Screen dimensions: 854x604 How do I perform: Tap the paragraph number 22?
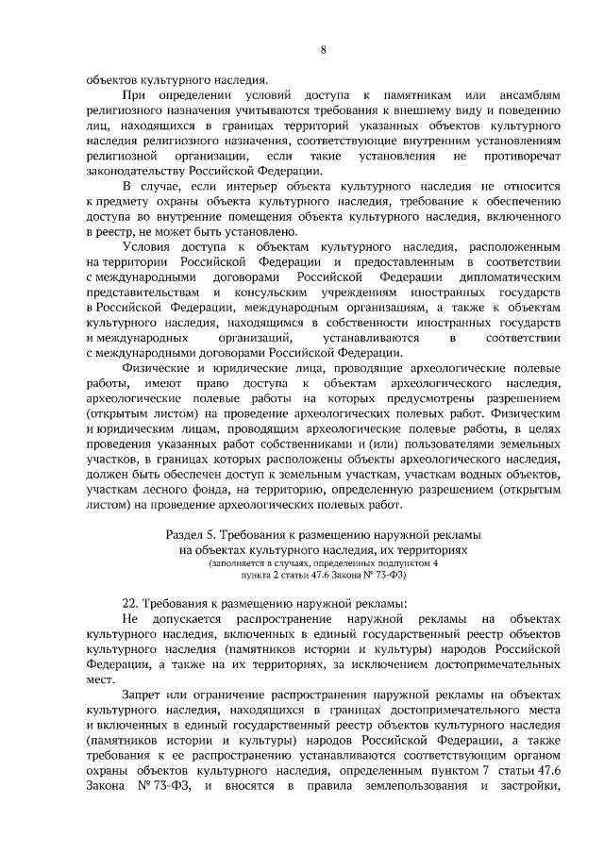coord(132,603)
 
